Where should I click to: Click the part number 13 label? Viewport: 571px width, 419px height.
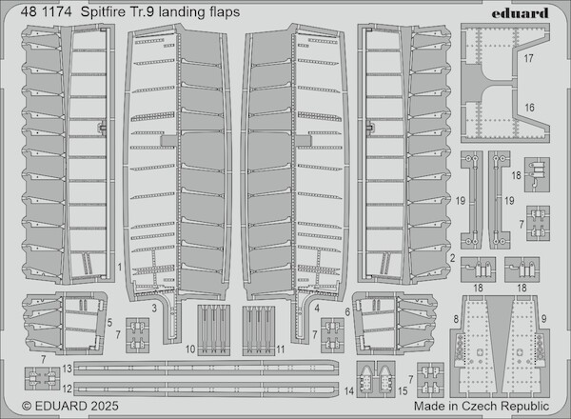68,368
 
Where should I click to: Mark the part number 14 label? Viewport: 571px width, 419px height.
348,390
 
